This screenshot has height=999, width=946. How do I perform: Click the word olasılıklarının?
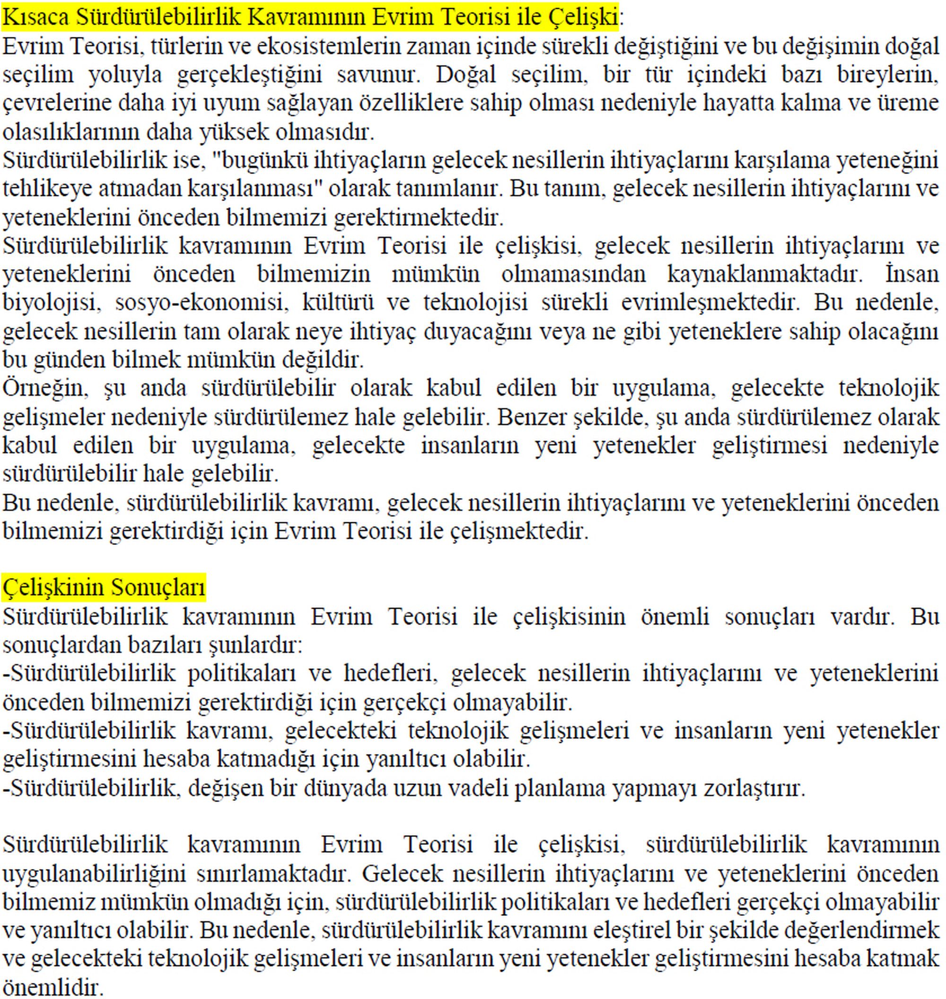click(70, 132)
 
